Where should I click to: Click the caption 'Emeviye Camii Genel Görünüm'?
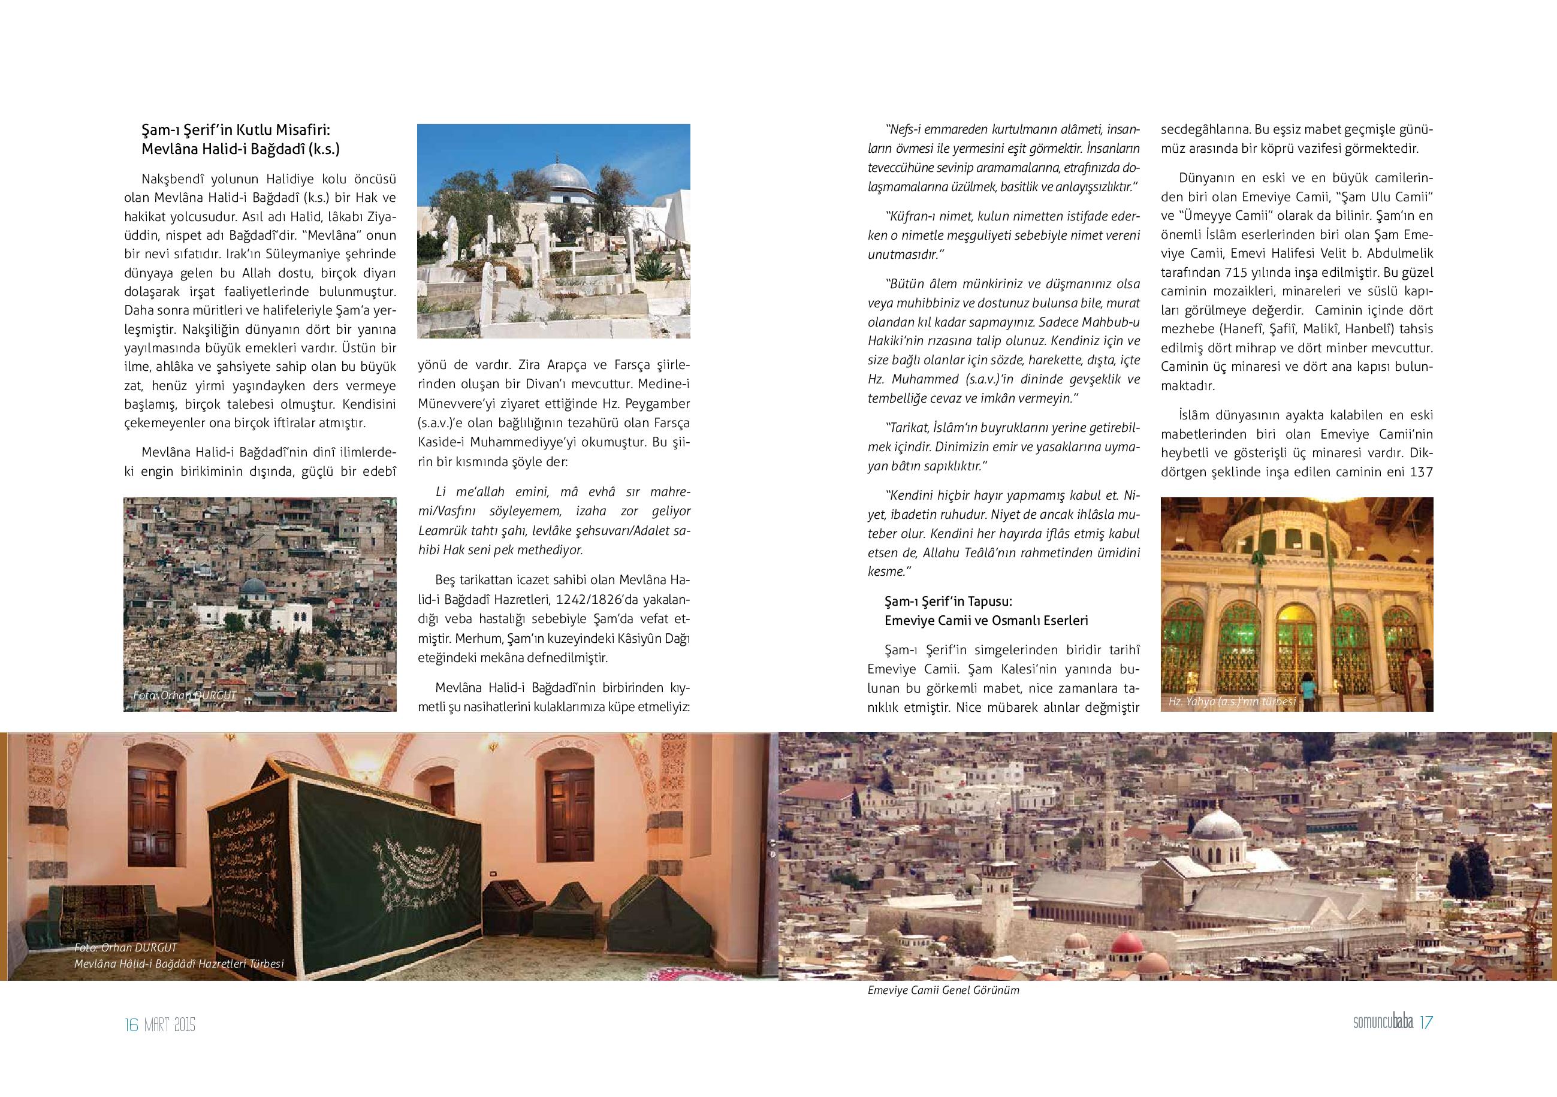coord(943,990)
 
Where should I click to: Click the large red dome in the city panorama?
coord(1128,942)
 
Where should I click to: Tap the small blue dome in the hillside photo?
coord(254,587)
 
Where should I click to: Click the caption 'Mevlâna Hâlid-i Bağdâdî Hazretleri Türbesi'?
coord(179,963)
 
